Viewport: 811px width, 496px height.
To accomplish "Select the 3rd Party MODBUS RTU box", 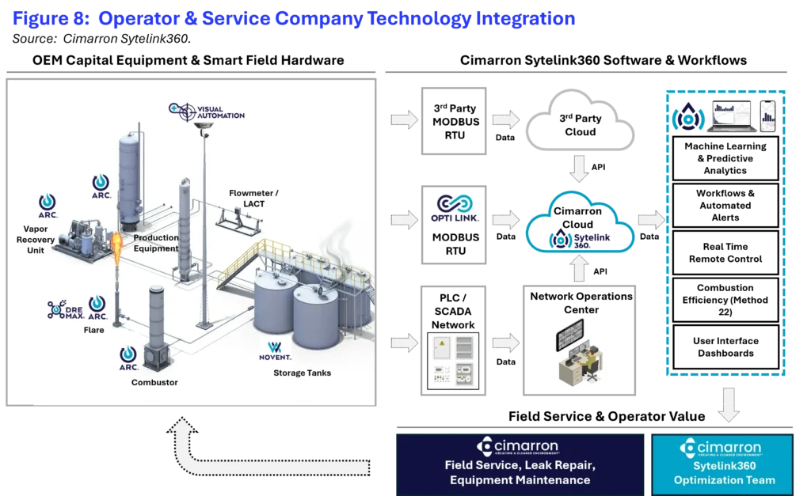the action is [454, 121].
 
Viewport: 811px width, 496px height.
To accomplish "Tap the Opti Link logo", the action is [455, 208].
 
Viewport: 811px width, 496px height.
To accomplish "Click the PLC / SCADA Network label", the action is [453, 311].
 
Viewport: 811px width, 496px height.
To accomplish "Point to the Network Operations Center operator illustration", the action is [579, 352].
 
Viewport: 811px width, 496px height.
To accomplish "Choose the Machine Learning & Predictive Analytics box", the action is [725, 158].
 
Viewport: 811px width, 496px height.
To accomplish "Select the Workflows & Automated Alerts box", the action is [725, 205].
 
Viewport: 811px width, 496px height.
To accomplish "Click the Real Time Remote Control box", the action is [725, 252].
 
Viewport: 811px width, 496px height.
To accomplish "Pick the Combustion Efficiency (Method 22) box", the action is [725, 300].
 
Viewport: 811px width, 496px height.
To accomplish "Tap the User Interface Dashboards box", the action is [725, 346].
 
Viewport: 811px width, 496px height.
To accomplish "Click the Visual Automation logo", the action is [207, 112].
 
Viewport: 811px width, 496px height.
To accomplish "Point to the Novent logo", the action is [275, 350].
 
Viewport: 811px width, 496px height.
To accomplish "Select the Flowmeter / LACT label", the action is [253, 199].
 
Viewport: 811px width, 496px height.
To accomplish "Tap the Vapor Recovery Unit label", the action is [35, 239].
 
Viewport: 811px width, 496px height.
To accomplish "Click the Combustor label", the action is [154, 382].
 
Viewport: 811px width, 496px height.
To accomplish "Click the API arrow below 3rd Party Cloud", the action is [579, 168].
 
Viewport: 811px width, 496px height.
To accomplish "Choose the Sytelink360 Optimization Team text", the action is [724, 473].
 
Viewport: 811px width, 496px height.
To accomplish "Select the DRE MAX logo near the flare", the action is [66, 309].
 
